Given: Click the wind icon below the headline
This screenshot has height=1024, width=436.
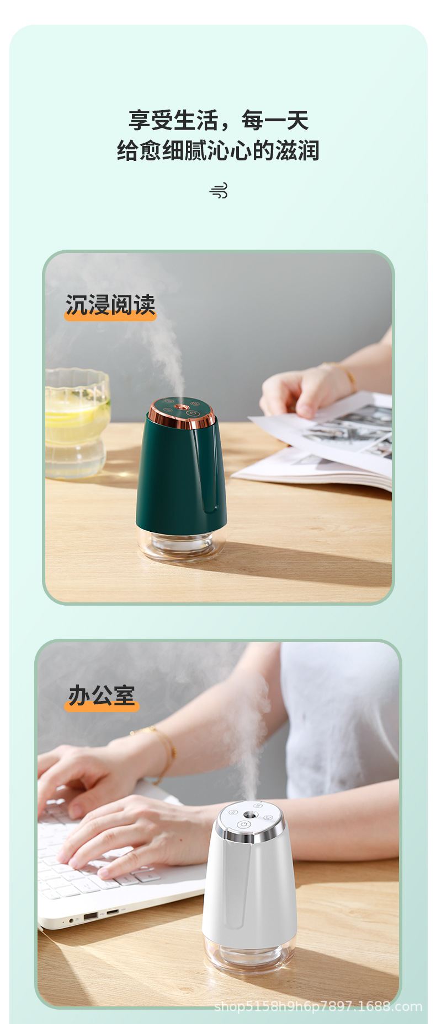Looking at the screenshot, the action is pyautogui.click(x=219, y=191).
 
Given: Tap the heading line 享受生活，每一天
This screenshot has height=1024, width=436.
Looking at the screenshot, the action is pyautogui.click(x=219, y=120).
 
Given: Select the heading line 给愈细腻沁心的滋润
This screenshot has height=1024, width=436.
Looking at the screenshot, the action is pyautogui.click(x=219, y=150).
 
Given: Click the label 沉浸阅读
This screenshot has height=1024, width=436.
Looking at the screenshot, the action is pyautogui.click(x=110, y=305).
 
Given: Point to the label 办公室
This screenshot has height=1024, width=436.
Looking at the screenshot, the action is pyautogui.click(x=102, y=696).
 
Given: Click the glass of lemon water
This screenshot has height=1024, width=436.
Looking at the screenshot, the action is pyautogui.click(x=77, y=422).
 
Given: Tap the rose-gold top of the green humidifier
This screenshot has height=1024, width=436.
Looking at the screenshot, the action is pyautogui.click(x=181, y=413).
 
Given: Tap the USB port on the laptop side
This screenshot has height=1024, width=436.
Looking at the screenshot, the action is pyautogui.click(x=90, y=915).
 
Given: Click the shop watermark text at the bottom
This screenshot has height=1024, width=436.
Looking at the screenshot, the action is pyautogui.click(x=318, y=1006).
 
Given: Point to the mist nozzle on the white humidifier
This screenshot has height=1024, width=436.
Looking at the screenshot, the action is pyautogui.click(x=249, y=813).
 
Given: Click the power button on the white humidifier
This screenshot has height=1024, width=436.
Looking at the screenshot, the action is pyautogui.click(x=244, y=824).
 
